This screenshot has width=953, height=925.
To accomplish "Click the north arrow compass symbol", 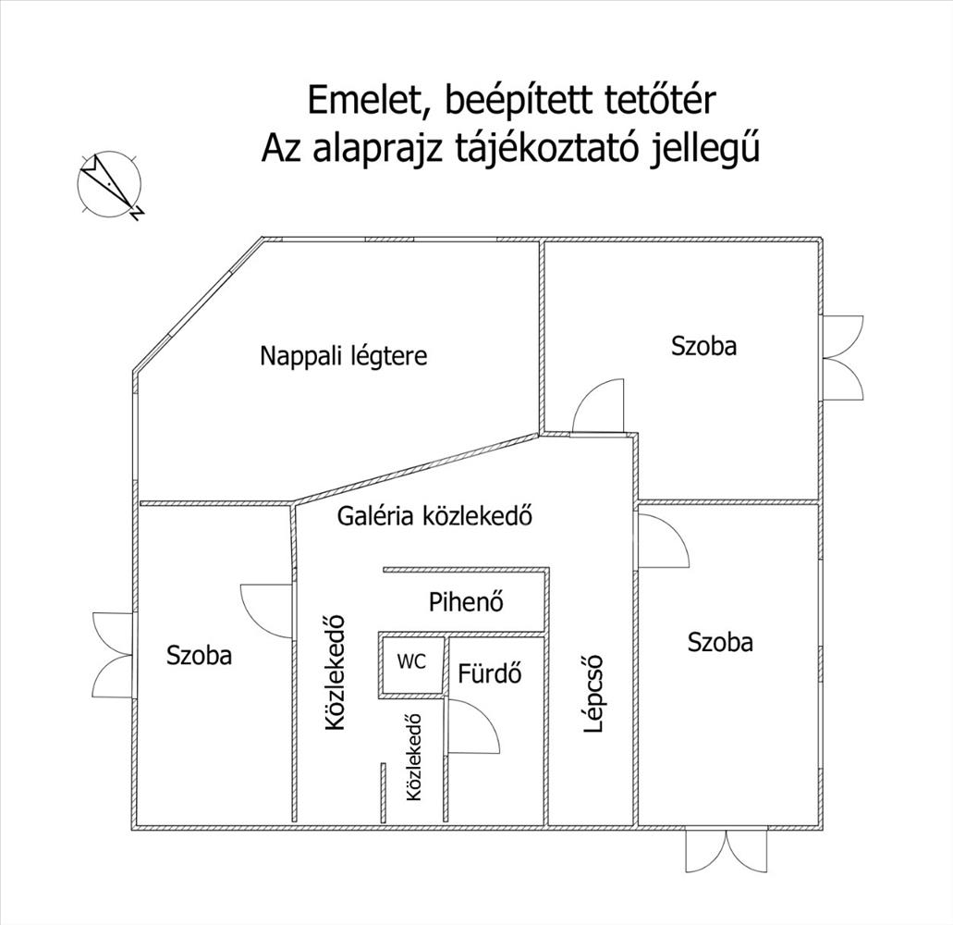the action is coord(110,184).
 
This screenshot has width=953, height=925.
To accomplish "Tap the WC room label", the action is coord(411,661).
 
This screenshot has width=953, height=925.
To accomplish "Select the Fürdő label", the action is coord(489,673).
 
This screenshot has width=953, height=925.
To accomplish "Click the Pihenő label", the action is coord(466,601).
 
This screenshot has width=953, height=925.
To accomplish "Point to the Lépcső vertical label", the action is coord(593,694).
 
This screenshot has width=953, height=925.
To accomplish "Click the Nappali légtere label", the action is coord(344,356).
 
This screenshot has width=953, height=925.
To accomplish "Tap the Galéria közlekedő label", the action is coord(434,516).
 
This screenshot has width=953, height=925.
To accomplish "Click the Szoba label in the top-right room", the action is coord(703,345).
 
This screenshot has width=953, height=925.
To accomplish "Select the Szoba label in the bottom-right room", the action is coord(720,642).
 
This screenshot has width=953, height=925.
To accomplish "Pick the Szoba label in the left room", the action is coord(200,656).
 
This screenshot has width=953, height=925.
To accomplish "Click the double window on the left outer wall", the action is coord(113,656).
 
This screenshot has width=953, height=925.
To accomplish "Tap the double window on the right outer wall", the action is coord(843,358).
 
